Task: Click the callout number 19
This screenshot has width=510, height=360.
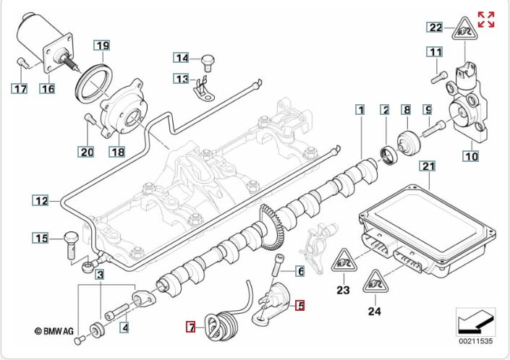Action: point(103,46)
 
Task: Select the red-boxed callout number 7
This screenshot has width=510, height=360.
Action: point(191,327)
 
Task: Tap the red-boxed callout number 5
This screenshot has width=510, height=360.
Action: point(299,306)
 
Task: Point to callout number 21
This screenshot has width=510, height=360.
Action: point(428,166)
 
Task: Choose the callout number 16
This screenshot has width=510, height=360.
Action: point(48,89)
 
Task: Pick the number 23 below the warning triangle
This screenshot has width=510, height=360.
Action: point(342,291)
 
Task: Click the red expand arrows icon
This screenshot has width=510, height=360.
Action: point(486,19)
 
